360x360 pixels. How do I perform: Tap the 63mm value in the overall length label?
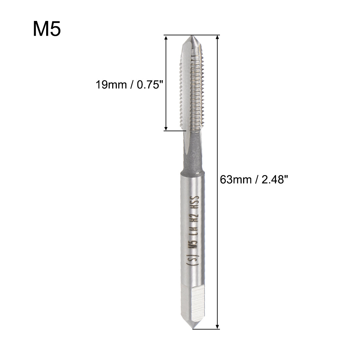(x=235, y=180)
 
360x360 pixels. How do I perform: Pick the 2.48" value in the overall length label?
(x=272, y=180)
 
